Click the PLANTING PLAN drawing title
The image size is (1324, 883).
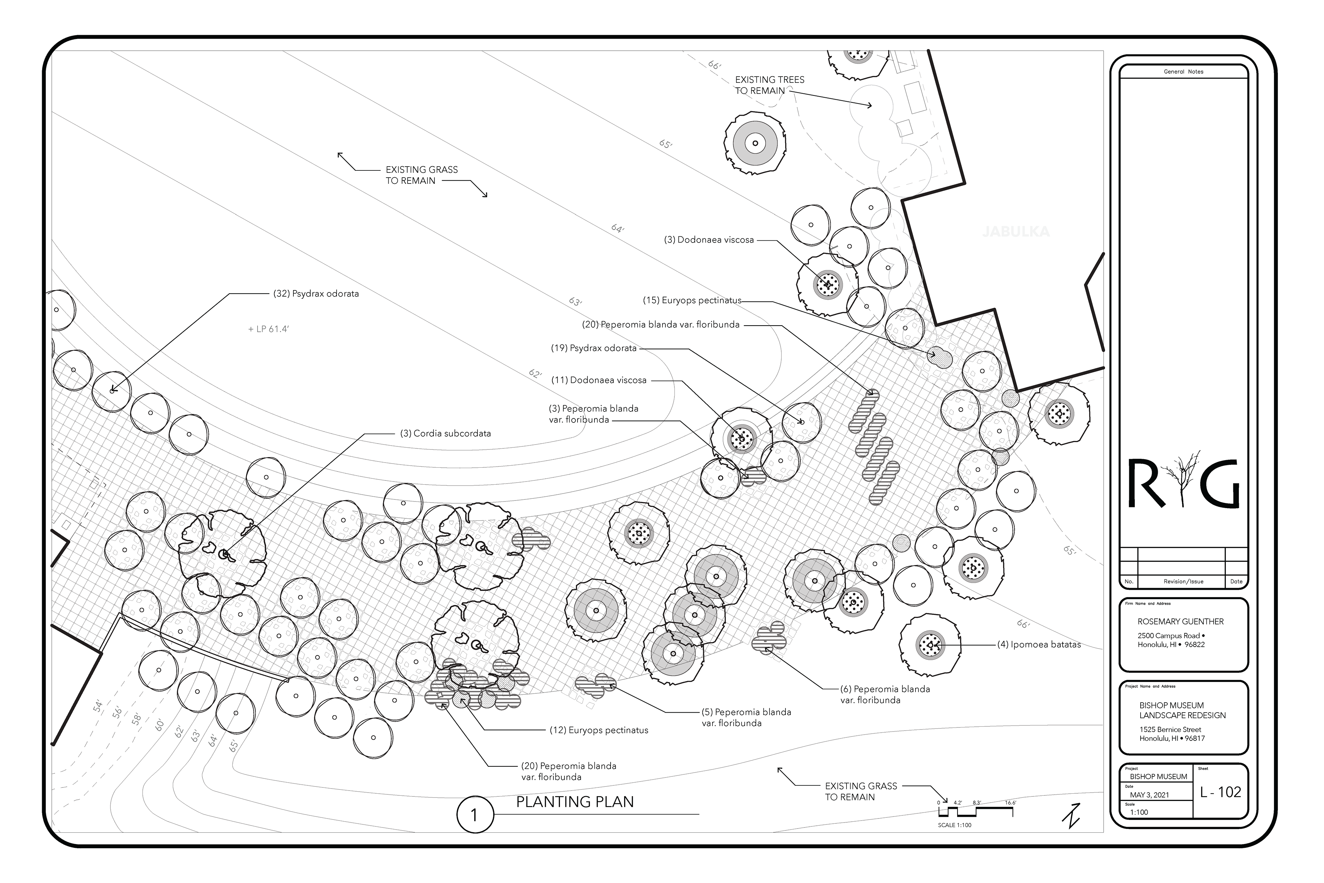575,802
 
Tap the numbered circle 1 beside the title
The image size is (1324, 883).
474,814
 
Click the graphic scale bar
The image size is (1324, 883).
975,812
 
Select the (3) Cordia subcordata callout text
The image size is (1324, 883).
445,434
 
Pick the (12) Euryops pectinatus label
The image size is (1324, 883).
599,731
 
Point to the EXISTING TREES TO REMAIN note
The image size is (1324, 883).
770,85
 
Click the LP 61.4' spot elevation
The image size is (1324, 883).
269,329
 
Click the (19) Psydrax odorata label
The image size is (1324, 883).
594,348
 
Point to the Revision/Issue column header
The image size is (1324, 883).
1183,582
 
